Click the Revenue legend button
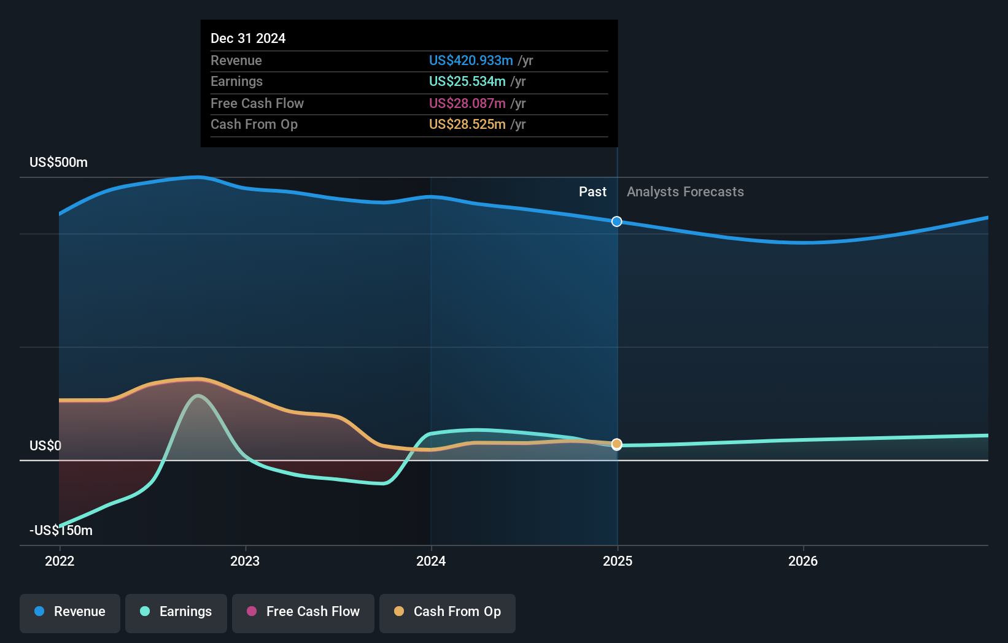click(x=70, y=612)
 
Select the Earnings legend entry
click(x=176, y=612)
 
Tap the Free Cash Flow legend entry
click(x=303, y=612)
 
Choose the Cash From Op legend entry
click(x=448, y=612)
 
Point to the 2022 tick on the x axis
click(x=60, y=561)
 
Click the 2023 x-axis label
click(x=245, y=561)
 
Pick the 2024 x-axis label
click(x=431, y=561)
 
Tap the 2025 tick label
click(x=618, y=561)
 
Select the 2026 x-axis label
click(x=803, y=561)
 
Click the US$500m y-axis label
click(x=58, y=163)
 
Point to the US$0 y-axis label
click(x=45, y=446)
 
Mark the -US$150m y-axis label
click(x=61, y=531)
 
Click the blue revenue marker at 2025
click(x=617, y=221)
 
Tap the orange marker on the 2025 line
click(x=617, y=444)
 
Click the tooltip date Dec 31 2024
click(x=248, y=39)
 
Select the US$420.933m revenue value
click(x=471, y=61)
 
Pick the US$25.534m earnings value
click(x=467, y=82)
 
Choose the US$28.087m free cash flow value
click(x=467, y=104)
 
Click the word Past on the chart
click(x=592, y=192)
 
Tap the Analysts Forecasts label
click(x=685, y=192)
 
